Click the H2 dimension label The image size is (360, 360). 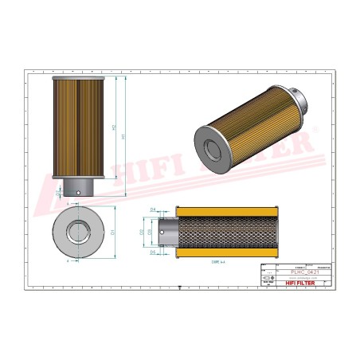113,127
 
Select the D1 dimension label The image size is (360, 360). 113,233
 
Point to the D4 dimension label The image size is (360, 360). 152,209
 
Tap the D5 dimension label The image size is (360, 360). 152,251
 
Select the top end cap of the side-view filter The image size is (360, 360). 78,80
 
